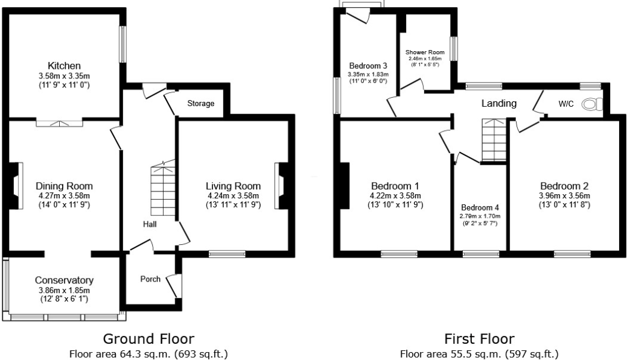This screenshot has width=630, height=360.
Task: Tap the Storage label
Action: [x=200, y=104]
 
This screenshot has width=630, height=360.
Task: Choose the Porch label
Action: [x=150, y=279]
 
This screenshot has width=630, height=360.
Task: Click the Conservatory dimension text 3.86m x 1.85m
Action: [x=64, y=290]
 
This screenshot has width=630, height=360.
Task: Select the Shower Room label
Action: [x=425, y=52]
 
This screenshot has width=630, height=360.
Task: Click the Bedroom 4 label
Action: [x=480, y=207]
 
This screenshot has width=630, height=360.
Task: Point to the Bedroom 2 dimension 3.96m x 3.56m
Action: [x=564, y=196]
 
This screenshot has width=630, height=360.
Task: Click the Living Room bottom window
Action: [x=227, y=254]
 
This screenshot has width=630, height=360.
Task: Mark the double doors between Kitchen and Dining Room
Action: [x=59, y=123]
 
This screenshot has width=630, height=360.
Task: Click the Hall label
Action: [x=150, y=224]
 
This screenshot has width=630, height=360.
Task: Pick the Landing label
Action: [x=498, y=104]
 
